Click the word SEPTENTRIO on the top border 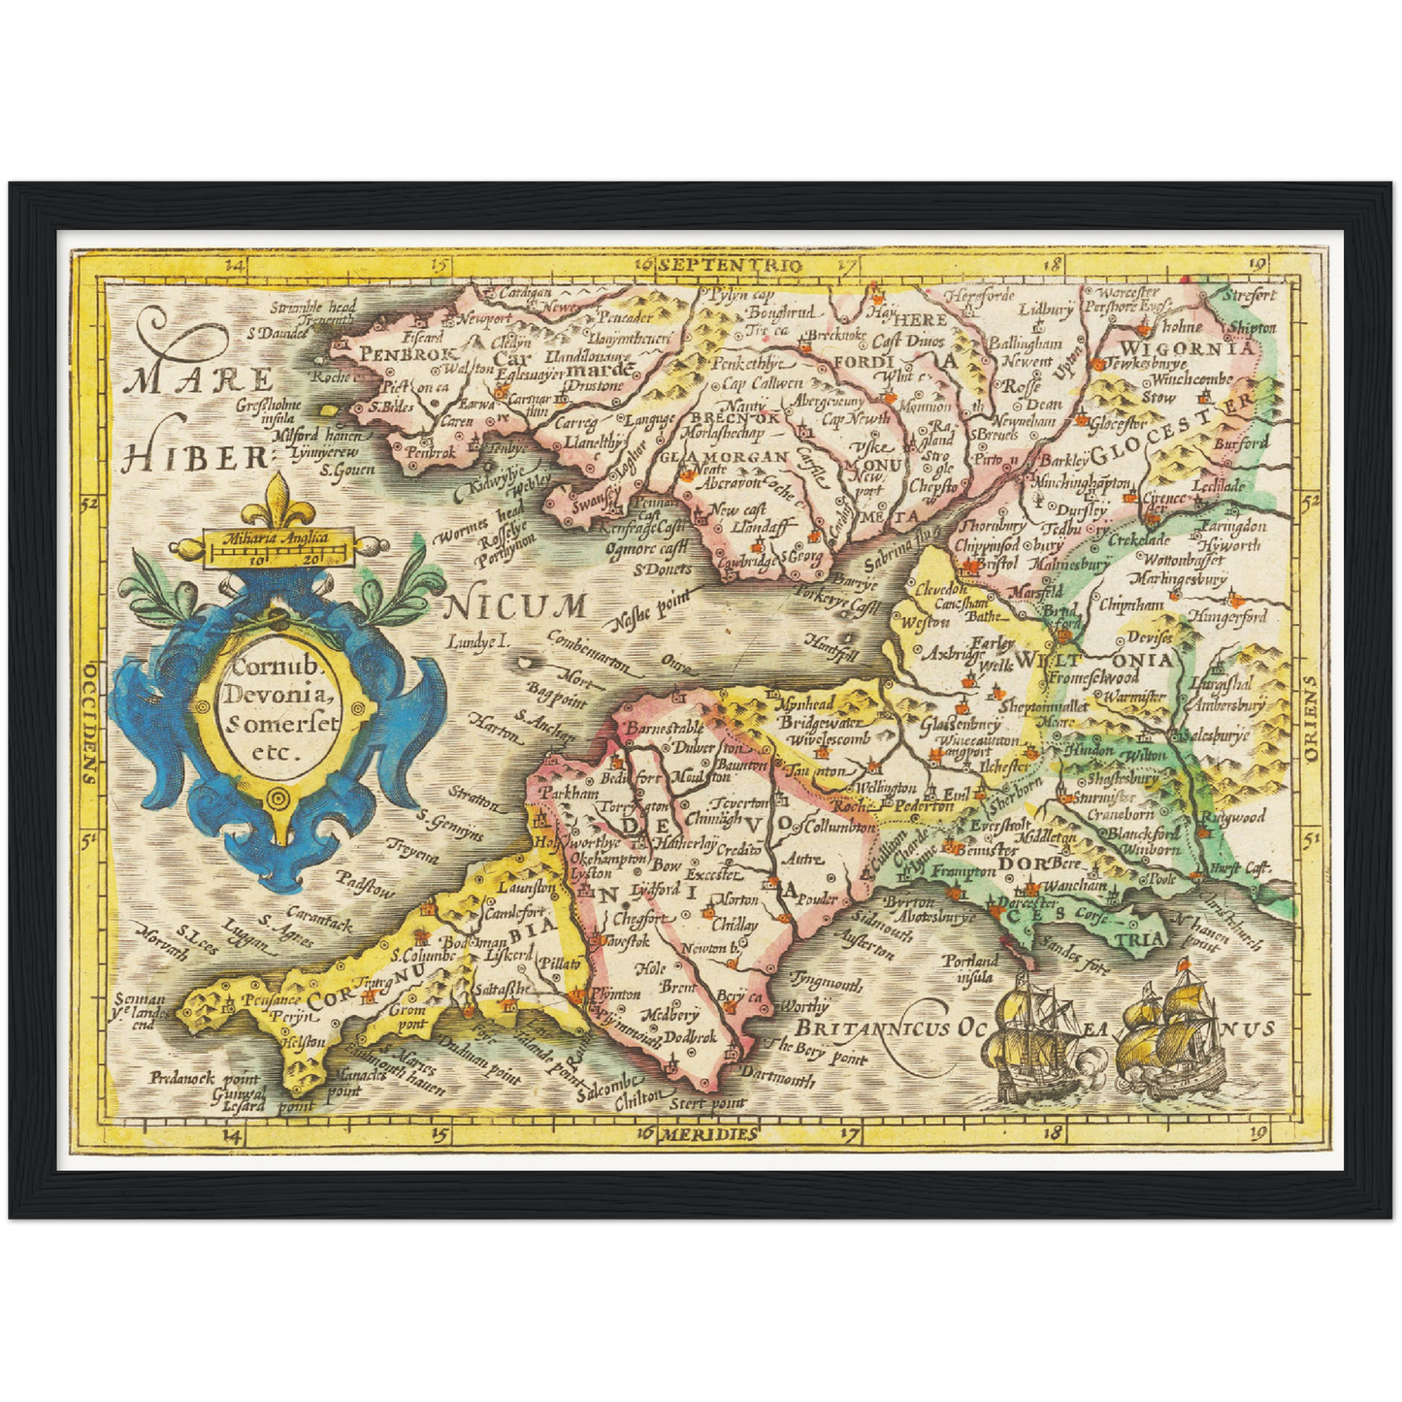(x=729, y=264)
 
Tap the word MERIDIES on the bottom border (x=709, y=1133)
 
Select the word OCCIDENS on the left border (x=88, y=722)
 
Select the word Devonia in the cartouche (x=278, y=695)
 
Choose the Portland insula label (x=971, y=967)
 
